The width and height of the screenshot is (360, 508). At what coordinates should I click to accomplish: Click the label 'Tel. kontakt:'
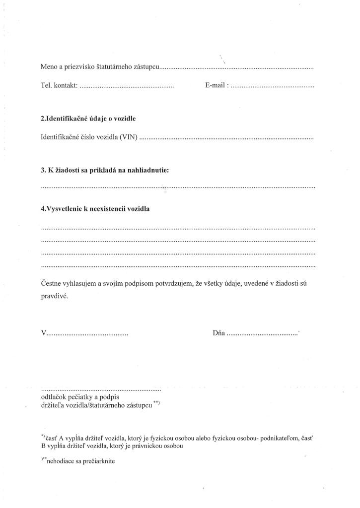[x=59, y=86]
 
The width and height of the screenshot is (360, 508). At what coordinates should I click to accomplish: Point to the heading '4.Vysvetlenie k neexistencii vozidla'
[x=95, y=209]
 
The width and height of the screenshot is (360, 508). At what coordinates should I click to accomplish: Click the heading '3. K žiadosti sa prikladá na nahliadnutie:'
[x=105, y=171]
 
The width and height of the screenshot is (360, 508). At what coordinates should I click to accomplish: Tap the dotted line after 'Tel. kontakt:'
[x=127, y=87]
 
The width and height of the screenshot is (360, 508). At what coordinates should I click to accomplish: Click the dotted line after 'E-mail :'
[x=273, y=87]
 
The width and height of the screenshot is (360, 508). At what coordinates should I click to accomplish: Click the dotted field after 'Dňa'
[x=262, y=334]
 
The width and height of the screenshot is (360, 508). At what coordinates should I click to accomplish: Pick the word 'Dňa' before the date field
[x=218, y=333]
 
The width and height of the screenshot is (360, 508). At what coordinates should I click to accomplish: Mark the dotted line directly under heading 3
[x=178, y=188]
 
